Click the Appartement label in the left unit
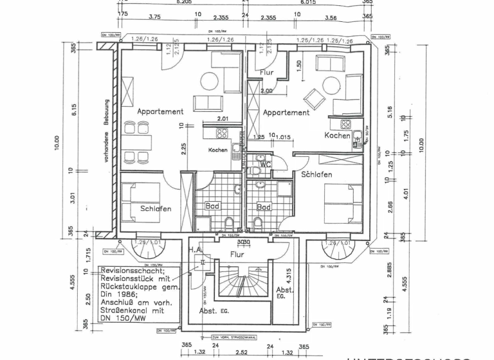(x=160, y=111)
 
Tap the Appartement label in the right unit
(x=286, y=113)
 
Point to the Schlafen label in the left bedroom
(x=156, y=209)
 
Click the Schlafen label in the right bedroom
(x=316, y=174)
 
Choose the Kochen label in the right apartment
(x=337, y=136)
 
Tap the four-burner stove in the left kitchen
(x=223, y=134)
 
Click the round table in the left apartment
(x=209, y=81)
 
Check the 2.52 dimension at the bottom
(x=242, y=352)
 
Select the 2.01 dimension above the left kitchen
(x=223, y=119)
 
